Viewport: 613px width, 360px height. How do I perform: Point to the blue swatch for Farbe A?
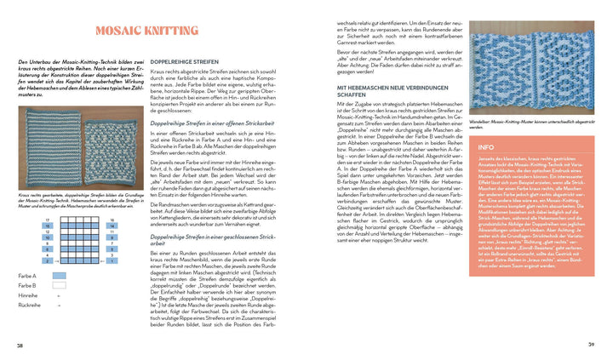click(x=59, y=276)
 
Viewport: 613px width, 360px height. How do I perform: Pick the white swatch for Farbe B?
click(x=59, y=286)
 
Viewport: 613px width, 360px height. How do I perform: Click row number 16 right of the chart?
click(x=112, y=219)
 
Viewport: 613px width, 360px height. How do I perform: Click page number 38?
click(x=20, y=344)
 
